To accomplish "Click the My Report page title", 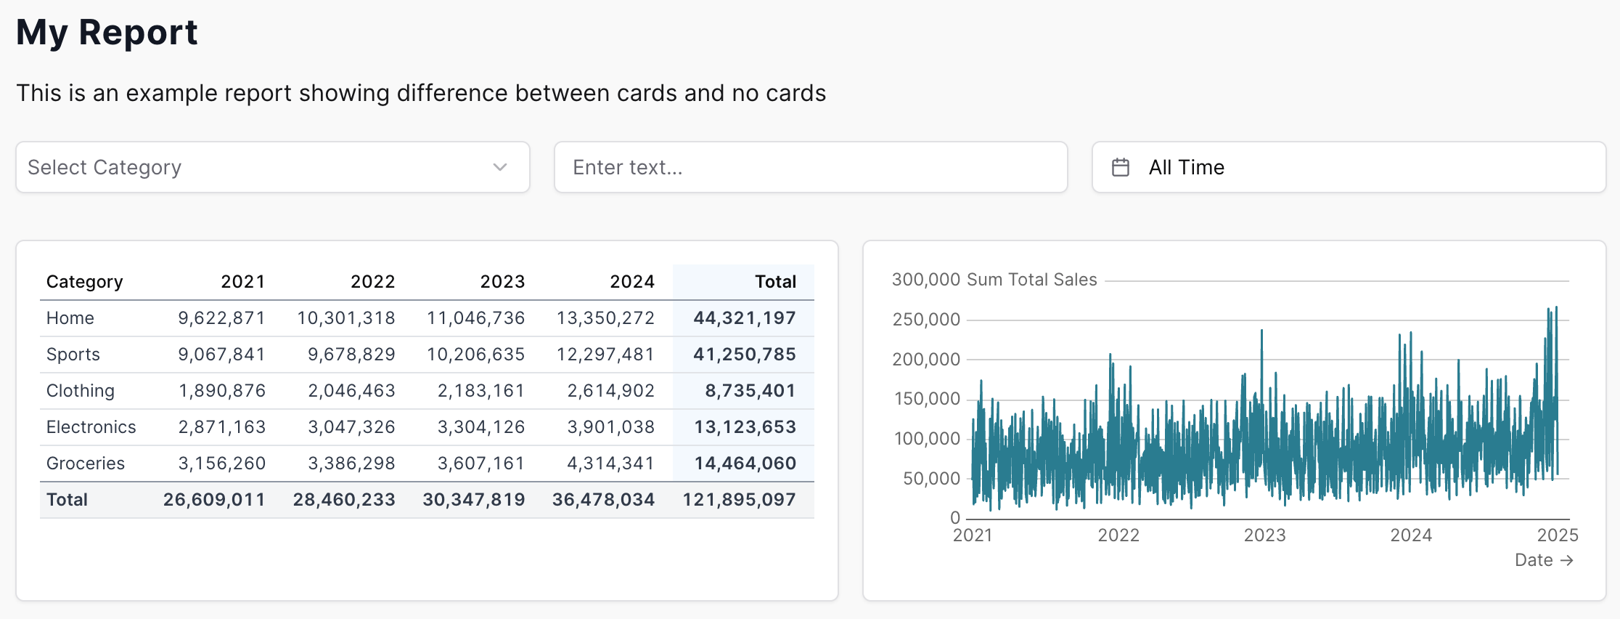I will pyautogui.click(x=107, y=33).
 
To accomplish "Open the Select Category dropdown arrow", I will pyautogui.click(x=499, y=167).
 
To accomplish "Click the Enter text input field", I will pyautogui.click(x=810, y=167).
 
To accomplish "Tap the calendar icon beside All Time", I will pyautogui.click(x=1121, y=167).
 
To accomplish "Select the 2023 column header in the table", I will pyautogui.click(x=502, y=282).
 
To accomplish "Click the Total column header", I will pyautogui.click(x=775, y=282).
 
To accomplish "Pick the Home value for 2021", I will pyautogui.click(x=221, y=318).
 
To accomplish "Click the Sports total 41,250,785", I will pyautogui.click(x=744, y=355).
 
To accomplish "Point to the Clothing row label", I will pyautogui.click(x=81, y=391).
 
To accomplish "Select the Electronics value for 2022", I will pyautogui.click(x=351, y=427).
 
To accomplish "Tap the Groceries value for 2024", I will pyautogui.click(x=610, y=464).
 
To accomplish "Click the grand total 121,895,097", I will pyautogui.click(x=739, y=500).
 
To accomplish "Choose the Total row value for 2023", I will pyautogui.click(x=473, y=500).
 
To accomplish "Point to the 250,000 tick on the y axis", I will pyautogui.click(x=926, y=320).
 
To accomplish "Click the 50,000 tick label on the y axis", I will pyautogui.click(x=931, y=479).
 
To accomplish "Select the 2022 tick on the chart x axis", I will pyautogui.click(x=1118, y=535).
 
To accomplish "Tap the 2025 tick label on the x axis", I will pyautogui.click(x=1558, y=535).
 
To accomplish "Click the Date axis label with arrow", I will pyautogui.click(x=1543, y=560).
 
